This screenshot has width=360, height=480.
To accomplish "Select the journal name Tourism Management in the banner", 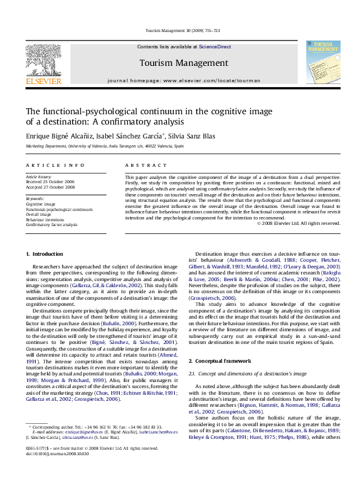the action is pyautogui.click(x=179, y=62).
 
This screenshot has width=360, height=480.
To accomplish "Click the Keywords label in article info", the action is pyautogui.click(x=35, y=198).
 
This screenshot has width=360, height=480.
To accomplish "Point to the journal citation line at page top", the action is pyautogui.click(x=179, y=31).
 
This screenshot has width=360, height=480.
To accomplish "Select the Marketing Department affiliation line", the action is pyautogui.click(x=97, y=146).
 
